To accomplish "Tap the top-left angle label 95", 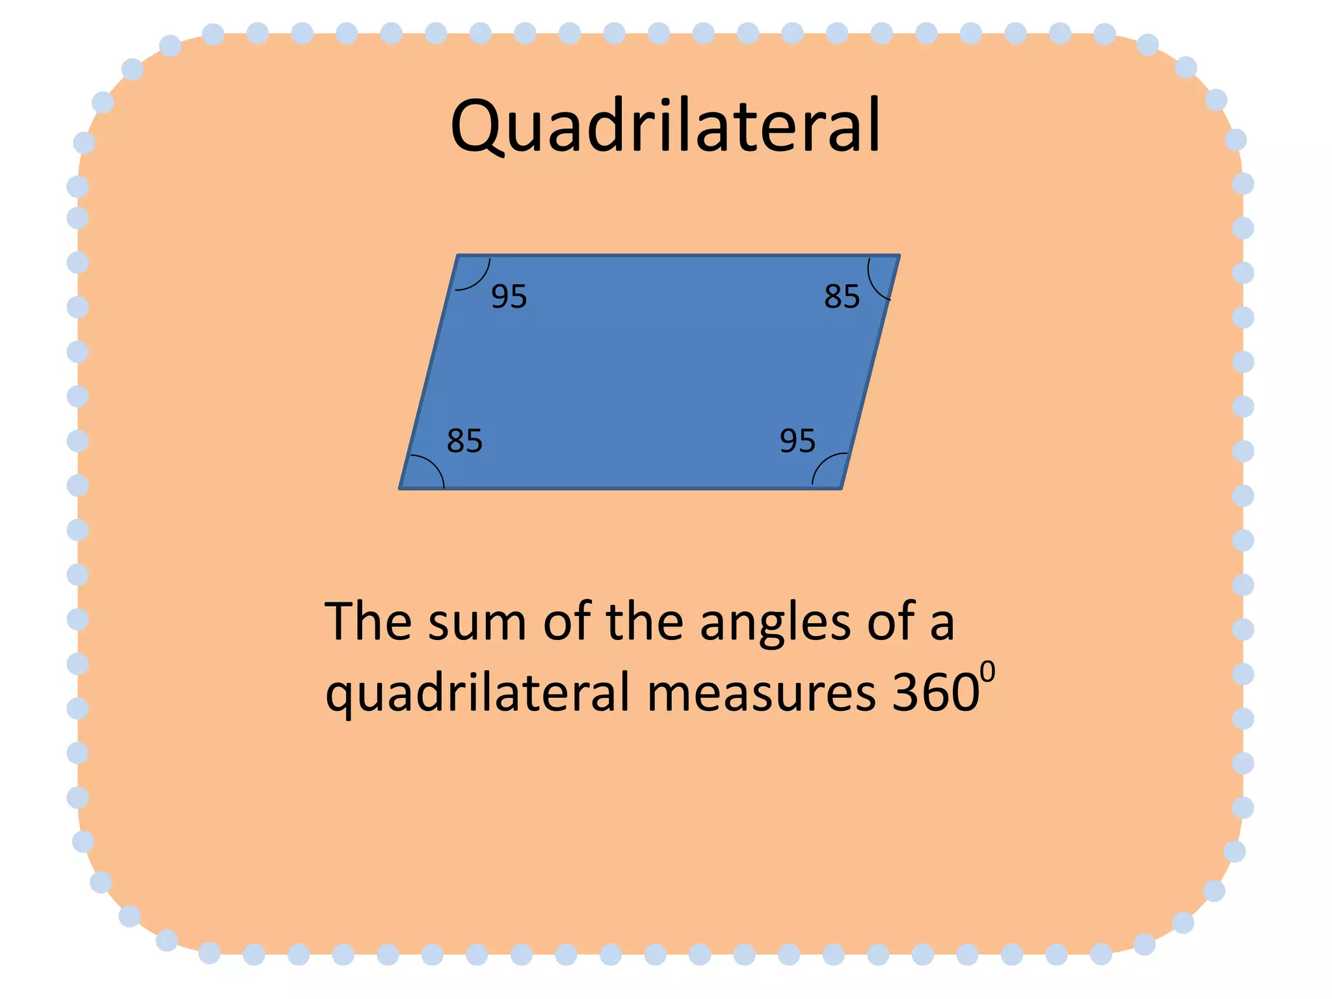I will [x=509, y=297].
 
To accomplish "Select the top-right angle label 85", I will [x=842, y=297].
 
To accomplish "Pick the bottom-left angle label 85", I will [x=464, y=441].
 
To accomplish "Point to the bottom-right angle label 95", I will [x=797, y=441].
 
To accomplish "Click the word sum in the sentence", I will [x=477, y=622].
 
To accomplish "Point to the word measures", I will [x=761, y=693].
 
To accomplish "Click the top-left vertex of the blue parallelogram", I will [x=459, y=256].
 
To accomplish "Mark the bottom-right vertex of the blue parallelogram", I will [x=841, y=488].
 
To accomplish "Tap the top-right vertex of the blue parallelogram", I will [x=899, y=256].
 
